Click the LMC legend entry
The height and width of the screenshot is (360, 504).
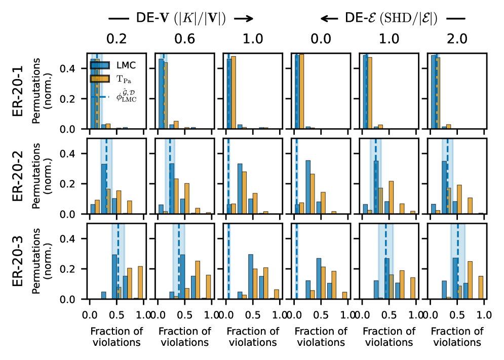pos(124,65)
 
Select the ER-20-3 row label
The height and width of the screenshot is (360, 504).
pos(18,261)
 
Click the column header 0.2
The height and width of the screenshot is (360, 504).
pos(117,39)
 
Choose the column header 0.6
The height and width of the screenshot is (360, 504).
pos(184,39)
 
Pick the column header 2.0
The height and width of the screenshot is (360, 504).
pos(457,39)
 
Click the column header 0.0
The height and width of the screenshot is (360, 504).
pos(321,39)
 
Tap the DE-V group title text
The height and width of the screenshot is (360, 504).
pos(180,18)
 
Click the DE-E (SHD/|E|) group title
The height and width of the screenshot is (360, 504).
pos(391,18)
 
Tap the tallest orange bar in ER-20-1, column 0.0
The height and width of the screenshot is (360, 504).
pos(301,91)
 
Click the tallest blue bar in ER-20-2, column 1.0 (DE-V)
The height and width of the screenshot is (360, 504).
pos(240,188)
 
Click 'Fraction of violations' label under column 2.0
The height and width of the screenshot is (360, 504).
pos(457,337)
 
